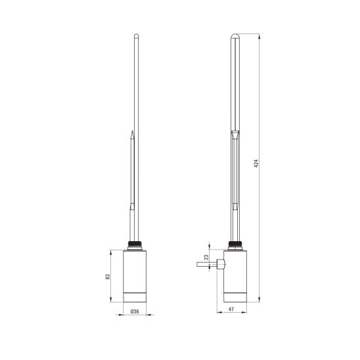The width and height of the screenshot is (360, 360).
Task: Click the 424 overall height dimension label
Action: click(x=256, y=163)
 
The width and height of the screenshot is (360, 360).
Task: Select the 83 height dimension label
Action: click(x=108, y=277)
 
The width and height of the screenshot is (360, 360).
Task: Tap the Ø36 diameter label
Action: click(x=135, y=311)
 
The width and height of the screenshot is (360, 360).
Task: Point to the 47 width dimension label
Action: click(x=231, y=309)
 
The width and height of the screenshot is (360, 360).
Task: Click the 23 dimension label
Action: click(x=207, y=257)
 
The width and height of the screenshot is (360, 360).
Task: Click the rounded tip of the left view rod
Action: click(x=137, y=35)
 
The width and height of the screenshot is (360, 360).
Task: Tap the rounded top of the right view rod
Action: click(x=235, y=36)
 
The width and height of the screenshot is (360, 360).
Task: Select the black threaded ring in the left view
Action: click(x=135, y=244)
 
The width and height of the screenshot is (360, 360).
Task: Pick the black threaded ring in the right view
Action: click(x=235, y=244)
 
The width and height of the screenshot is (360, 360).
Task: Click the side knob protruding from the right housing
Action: click(x=221, y=264)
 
